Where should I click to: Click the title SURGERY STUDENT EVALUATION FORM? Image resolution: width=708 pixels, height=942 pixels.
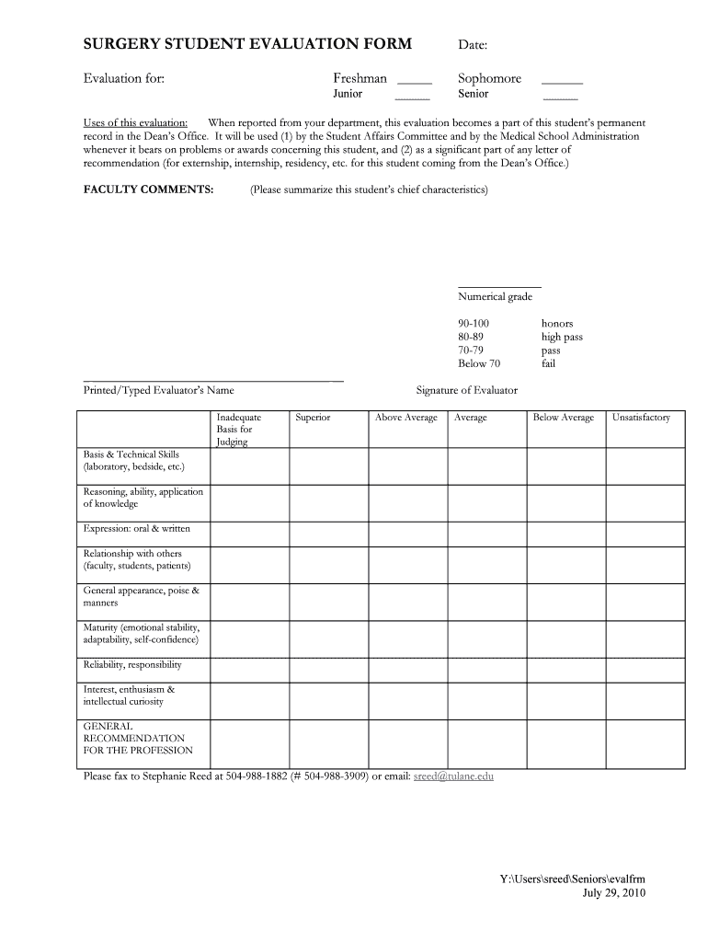coord(247,44)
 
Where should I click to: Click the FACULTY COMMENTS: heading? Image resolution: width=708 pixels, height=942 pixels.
coord(149,190)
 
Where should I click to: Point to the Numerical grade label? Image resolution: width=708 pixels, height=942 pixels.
coord(495,296)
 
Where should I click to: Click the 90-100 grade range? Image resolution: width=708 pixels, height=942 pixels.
coord(474,324)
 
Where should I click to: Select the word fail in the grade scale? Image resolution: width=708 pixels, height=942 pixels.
coord(548,363)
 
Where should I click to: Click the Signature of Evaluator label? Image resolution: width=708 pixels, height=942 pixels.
coord(466,390)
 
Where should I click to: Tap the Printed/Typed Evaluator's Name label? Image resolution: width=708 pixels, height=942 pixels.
coord(159,390)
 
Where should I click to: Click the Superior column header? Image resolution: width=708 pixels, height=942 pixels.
coord(313,418)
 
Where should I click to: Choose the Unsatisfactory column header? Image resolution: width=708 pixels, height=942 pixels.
coord(641,418)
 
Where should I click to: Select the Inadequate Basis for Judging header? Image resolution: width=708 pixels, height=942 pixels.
coord(239,429)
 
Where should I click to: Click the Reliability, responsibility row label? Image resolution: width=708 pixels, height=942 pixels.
coord(132,665)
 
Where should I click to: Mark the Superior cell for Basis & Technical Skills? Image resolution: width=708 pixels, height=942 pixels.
coord(328,465)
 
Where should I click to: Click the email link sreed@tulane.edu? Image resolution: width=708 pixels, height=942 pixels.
coord(453,775)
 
